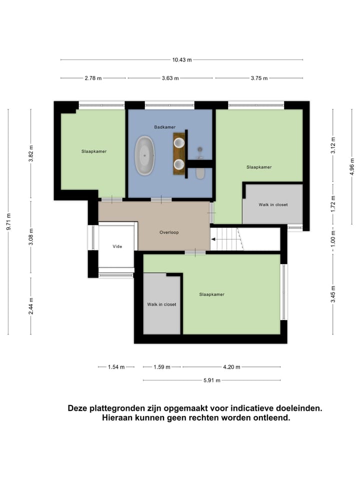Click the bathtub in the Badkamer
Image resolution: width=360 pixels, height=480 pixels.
[145, 155]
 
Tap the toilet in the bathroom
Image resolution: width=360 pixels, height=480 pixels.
[200, 172]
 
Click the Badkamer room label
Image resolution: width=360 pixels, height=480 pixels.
[164, 127]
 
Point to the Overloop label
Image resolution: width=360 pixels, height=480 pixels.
[169, 232]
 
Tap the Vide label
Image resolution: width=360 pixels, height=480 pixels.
[117, 247]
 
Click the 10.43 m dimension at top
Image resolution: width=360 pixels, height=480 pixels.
[182, 60]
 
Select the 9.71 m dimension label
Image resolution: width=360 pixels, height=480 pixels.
[8, 221]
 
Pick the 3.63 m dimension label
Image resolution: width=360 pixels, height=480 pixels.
[170, 78]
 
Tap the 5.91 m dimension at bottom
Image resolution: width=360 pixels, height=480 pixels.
[212, 380]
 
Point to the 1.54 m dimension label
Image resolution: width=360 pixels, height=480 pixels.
[116, 367]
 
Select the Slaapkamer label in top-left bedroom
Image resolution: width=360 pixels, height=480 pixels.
[94, 151]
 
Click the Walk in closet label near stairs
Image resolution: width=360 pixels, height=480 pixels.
[273, 205]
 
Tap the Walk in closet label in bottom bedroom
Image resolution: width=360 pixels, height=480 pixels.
[161, 304]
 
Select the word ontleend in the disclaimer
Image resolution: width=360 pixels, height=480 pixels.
[271, 418]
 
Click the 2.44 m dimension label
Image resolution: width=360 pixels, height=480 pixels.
[31, 305]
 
